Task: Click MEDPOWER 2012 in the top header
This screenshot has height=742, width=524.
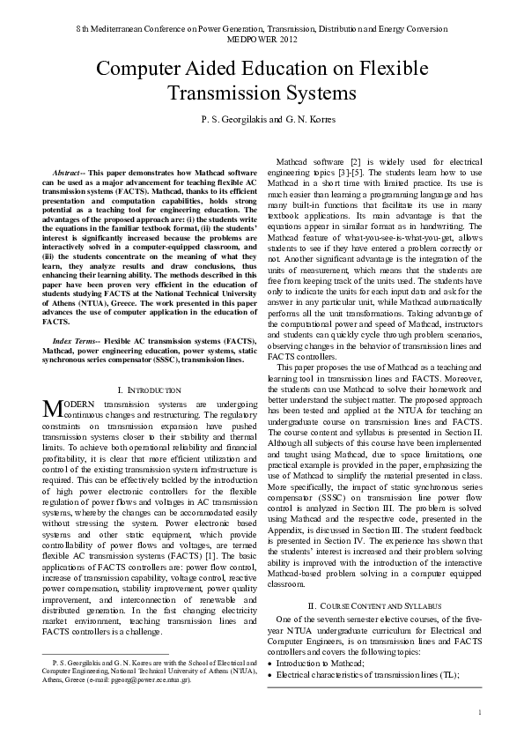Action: coord(262,41)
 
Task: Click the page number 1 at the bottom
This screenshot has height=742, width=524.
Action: coord(479,712)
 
